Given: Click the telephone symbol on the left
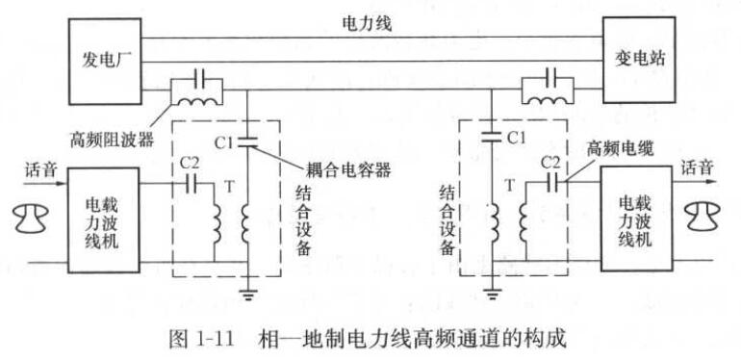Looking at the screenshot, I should click(x=31, y=219).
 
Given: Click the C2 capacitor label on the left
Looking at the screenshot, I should click(x=189, y=163).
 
